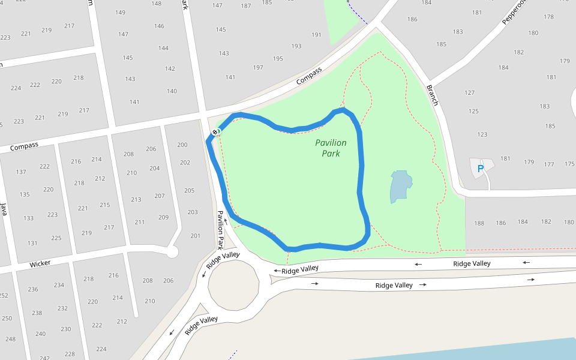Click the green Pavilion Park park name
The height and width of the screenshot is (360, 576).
(331, 148)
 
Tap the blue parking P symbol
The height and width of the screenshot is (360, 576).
(480, 169)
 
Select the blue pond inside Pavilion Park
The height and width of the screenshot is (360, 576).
(400, 186)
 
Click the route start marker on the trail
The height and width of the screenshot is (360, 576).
(217, 131)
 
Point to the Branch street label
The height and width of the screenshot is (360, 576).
(433, 95)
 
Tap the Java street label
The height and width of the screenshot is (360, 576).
(4, 209)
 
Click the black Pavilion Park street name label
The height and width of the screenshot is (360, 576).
(220, 229)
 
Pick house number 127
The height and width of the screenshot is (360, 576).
(469, 93)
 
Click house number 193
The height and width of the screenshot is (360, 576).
(296, 46)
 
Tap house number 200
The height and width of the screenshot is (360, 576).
(182, 145)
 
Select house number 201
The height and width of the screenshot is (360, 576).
(195, 236)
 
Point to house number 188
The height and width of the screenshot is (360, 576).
(479, 224)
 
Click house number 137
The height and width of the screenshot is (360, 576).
(21, 172)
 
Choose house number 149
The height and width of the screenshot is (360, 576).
(120, 13)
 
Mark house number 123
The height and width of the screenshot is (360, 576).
(482, 134)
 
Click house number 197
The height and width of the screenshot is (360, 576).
(258, 68)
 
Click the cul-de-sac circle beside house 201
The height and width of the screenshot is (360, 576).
(172, 253)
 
